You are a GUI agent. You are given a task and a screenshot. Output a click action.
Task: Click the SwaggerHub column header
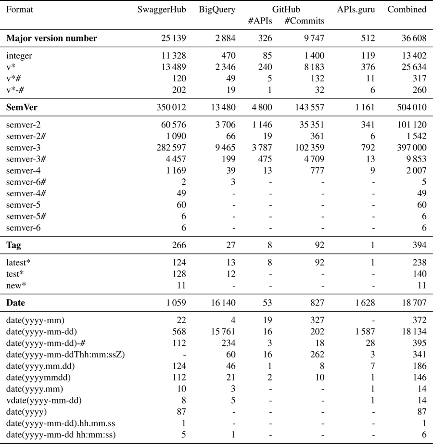tap(162, 10)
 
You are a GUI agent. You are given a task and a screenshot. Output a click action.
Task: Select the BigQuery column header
tap(217, 10)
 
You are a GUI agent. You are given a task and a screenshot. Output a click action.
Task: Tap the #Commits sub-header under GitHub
tap(304, 21)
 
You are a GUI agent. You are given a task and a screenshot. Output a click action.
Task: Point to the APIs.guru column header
tap(356, 10)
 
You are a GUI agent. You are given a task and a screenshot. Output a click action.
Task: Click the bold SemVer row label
tap(22, 108)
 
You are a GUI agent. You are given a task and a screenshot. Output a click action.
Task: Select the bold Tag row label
tap(13, 245)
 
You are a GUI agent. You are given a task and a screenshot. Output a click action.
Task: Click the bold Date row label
tap(15, 303)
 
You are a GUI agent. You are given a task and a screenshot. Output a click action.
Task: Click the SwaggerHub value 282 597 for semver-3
tap(170, 147)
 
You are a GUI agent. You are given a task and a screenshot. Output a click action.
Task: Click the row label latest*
tap(19, 263)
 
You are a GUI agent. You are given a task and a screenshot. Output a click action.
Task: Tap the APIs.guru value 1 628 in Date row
tap(364, 303)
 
